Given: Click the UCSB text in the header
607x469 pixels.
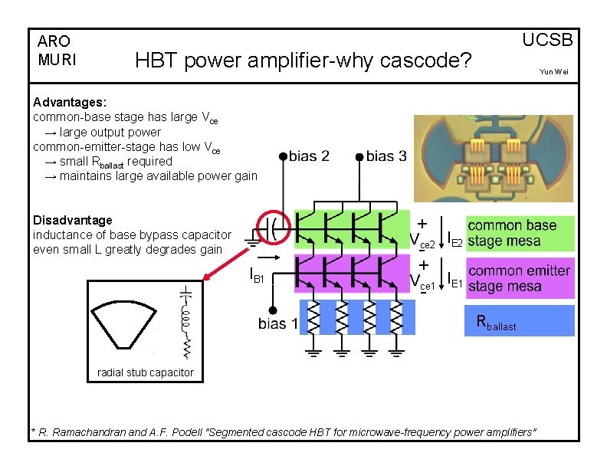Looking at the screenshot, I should (547, 41).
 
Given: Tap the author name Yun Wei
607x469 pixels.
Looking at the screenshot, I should (554, 72).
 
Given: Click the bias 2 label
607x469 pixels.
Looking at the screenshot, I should (310, 156).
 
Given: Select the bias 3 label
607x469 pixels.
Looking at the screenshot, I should (386, 156).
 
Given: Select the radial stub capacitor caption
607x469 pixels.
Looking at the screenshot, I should (146, 373).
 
